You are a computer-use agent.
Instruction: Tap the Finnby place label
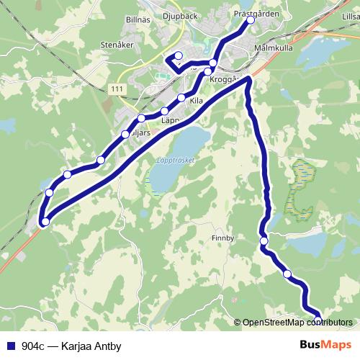[223, 238]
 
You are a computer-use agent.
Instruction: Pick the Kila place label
[197, 102]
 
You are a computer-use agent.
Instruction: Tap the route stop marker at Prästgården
[251, 20]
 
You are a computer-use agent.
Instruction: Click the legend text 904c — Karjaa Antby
[71, 345]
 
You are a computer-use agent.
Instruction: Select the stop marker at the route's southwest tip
[45, 222]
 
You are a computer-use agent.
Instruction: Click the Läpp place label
[171, 120]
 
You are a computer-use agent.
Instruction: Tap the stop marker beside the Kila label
[181, 97]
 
